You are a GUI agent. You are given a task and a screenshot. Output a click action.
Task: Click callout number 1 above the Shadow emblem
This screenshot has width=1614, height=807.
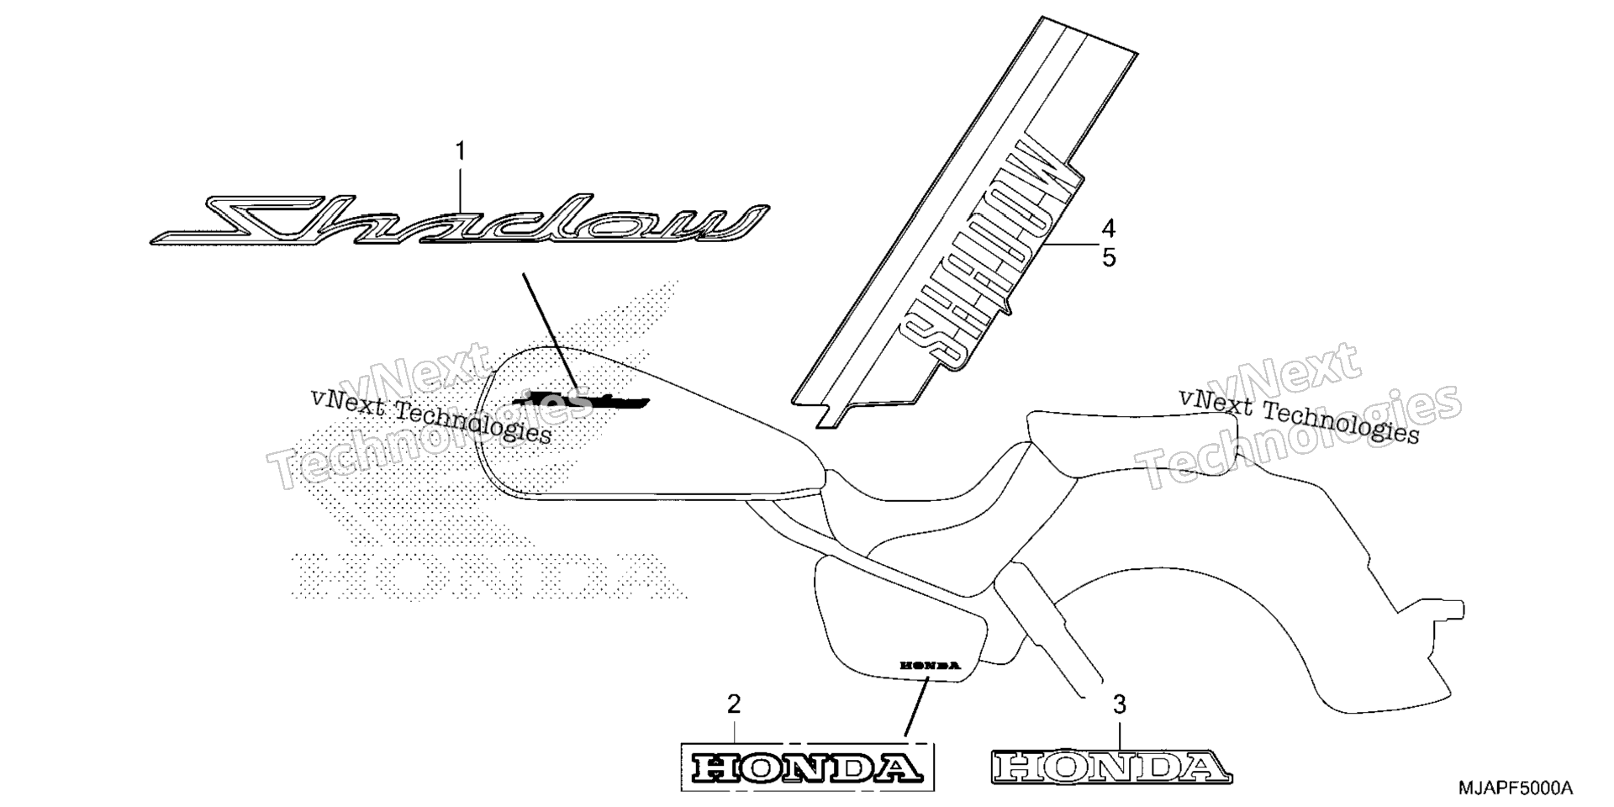pyautogui.click(x=460, y=151)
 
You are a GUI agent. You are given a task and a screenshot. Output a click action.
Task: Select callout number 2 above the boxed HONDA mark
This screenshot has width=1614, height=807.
pyautogui.click(x=734, y=704)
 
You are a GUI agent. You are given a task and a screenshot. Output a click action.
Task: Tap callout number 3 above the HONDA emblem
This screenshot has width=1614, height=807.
pyautogui.click(x=1119, y=704)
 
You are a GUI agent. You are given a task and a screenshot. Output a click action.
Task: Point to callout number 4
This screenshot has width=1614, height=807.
pyautogui.click(x=1109, y=229)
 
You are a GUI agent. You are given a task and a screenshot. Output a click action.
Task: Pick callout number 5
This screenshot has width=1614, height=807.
pyautogui.click(x=1109, y=257)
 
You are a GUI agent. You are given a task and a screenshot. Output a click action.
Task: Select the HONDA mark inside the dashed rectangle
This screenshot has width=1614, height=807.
pyautogui.click(x=805, y=766)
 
